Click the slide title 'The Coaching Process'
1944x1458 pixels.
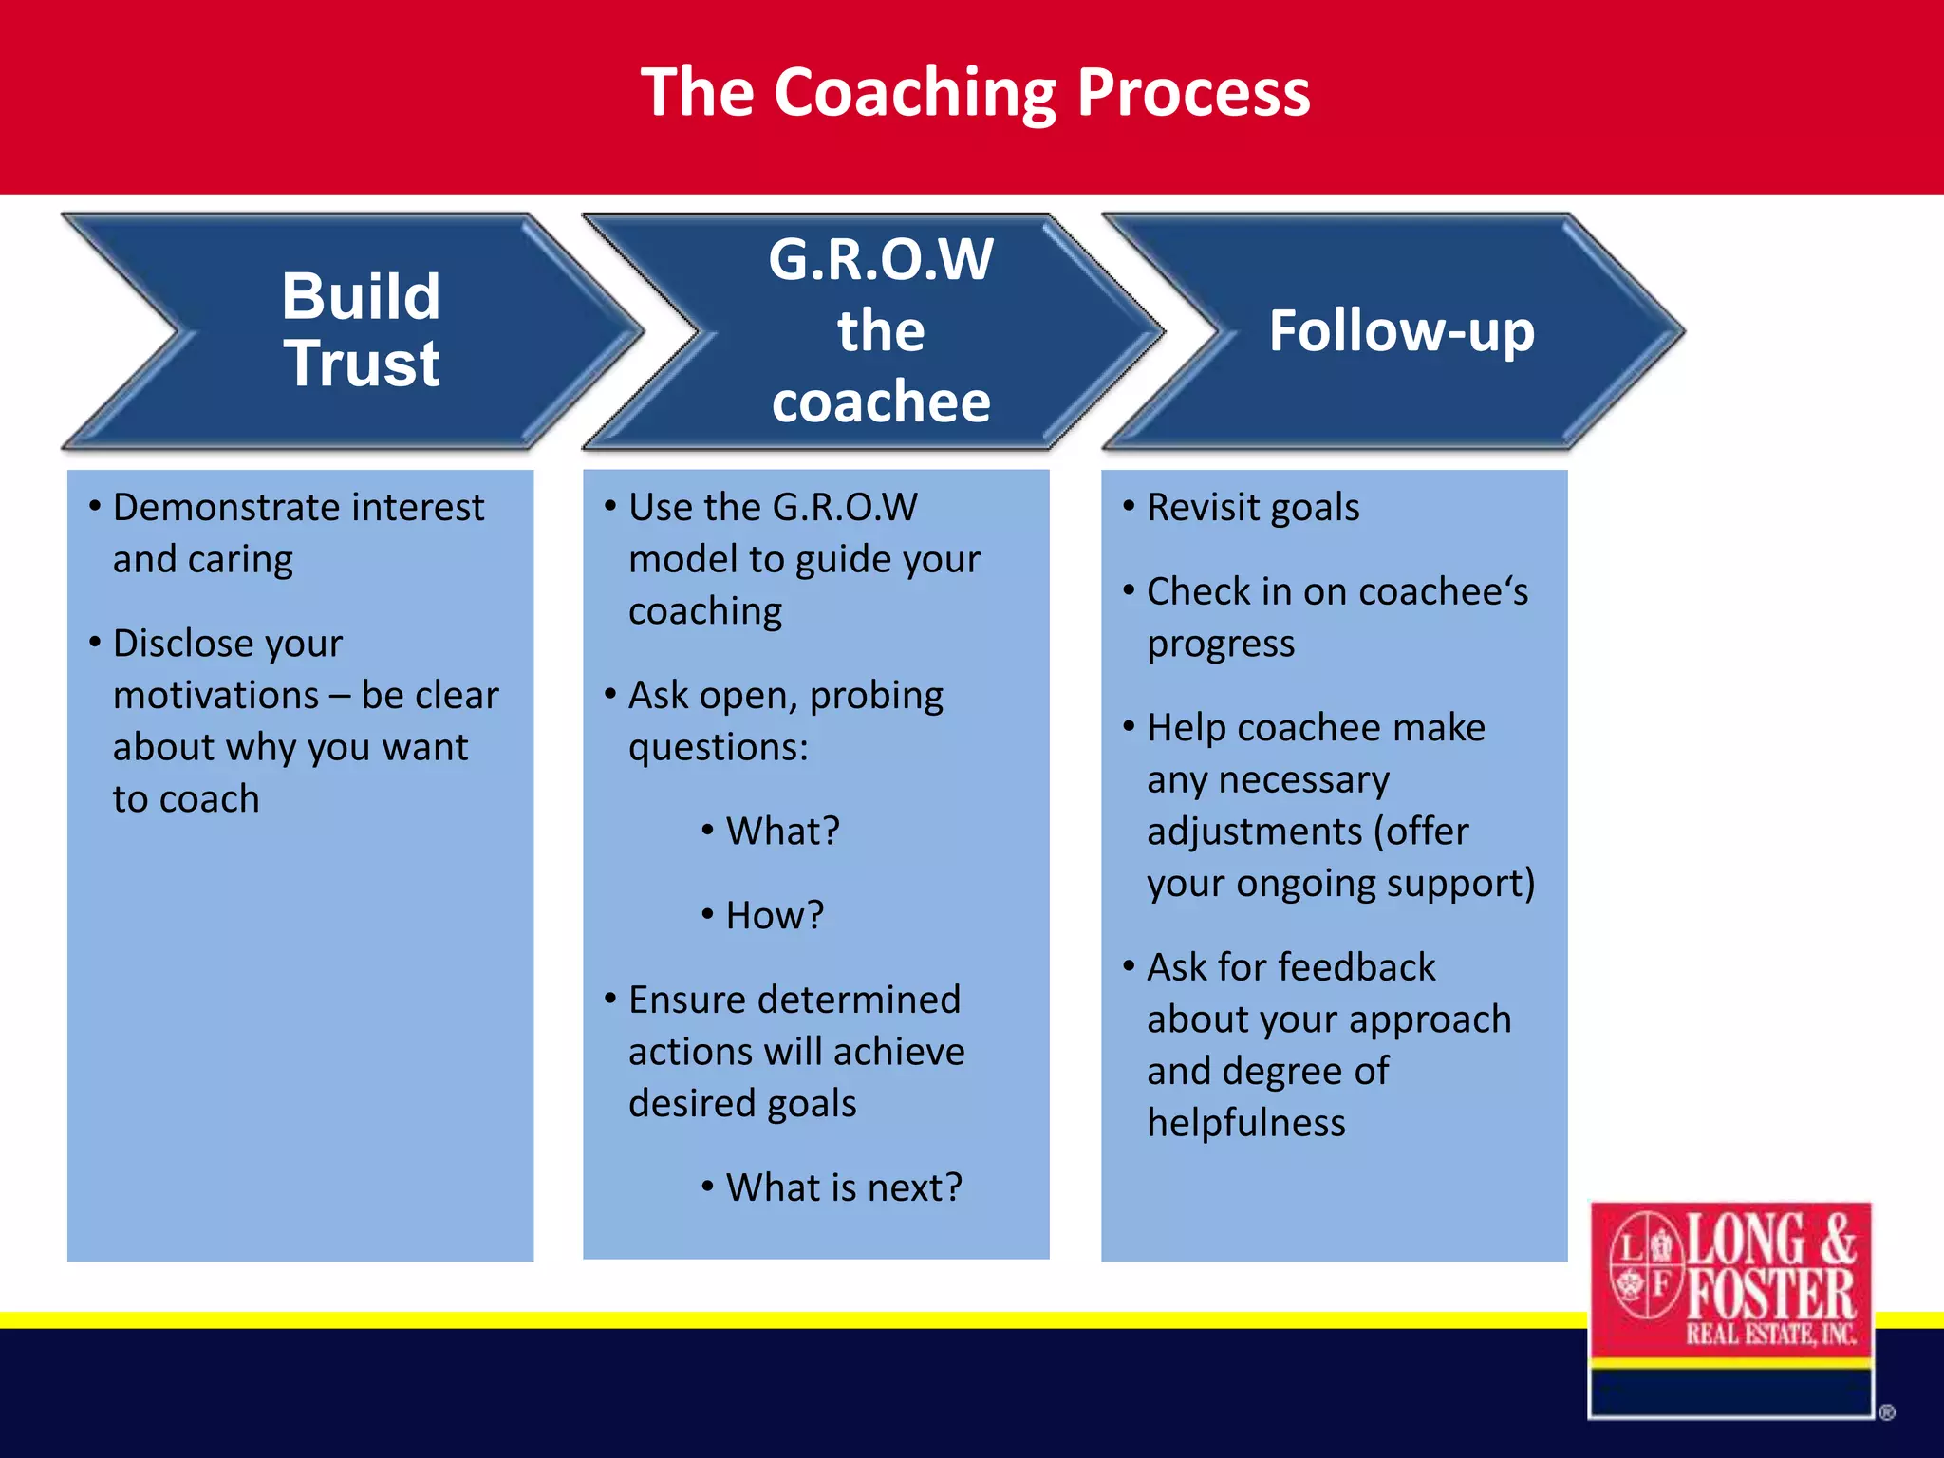click(x=975, y=93)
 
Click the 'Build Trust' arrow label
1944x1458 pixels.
click(x=361, y=329)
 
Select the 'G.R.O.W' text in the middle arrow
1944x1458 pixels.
click(x=880, y=259)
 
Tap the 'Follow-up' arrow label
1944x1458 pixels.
click(x=1401, y=330)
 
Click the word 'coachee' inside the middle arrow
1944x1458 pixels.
click(x=880, y=402)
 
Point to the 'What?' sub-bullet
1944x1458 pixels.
click(x=782, y=832)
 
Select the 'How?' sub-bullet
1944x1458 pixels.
click(x=774, y=916)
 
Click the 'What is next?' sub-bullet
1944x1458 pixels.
click(x=843, y=1187)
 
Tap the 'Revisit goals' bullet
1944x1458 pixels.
click(x=1252, y=508)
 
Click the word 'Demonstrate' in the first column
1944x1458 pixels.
click(x=228, y=508)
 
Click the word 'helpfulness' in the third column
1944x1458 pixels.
click(x=1245, y=1123)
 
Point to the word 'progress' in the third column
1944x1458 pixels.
click(x=1220, y=645)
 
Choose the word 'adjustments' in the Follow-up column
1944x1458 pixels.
click(x=1254, y=832)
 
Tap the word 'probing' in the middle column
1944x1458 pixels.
click(x=876, y=696)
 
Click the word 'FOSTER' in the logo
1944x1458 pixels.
click(x=1771, y=1294)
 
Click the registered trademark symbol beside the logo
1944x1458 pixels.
click(x=1886, y=1412)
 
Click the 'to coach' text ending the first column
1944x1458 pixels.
click(x=186, y=799)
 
